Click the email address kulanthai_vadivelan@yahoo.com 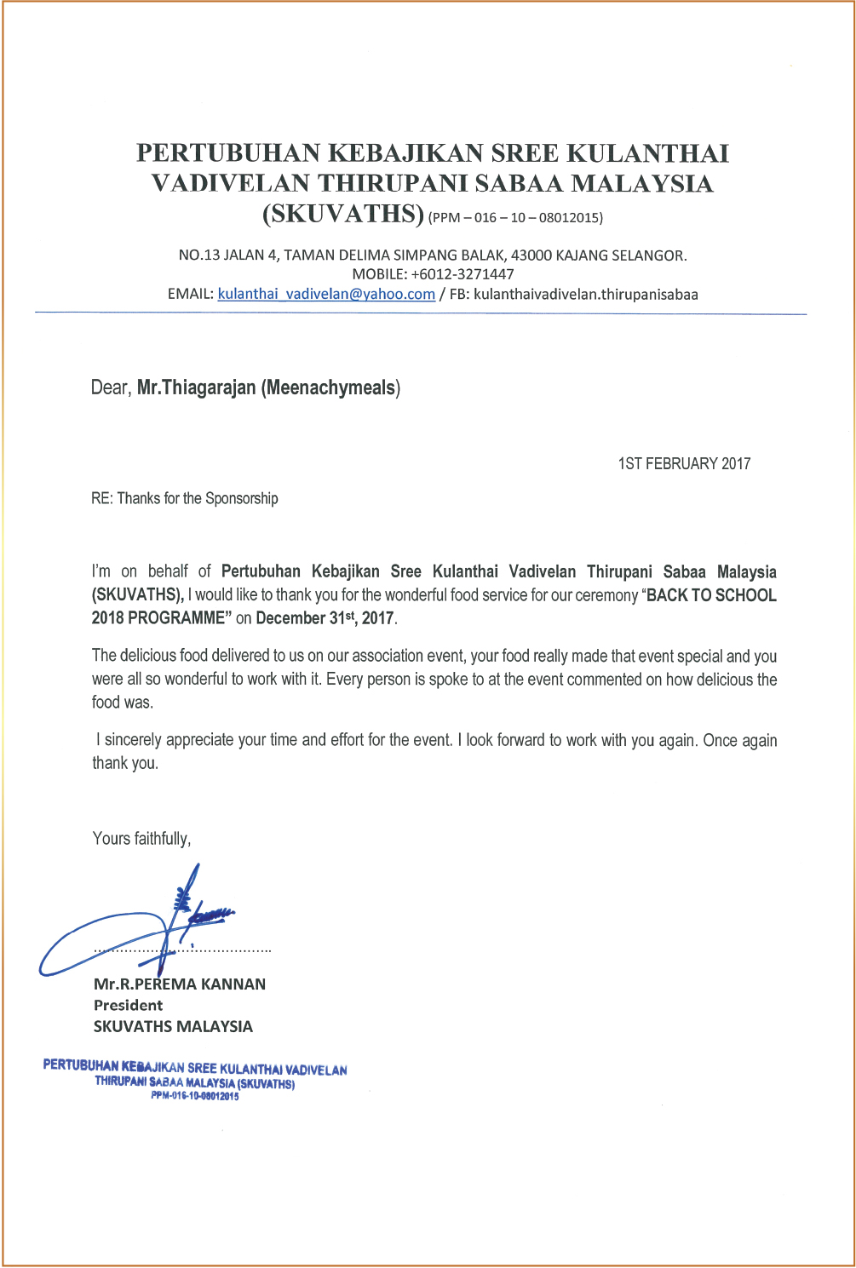326,295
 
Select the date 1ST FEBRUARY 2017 684,464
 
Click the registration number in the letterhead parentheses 516,217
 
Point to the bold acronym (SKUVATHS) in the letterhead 342,213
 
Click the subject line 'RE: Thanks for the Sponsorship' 185,499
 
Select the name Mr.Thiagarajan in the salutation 197,388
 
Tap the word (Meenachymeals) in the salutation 330,388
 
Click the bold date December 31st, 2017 325,618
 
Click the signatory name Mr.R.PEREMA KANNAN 180,984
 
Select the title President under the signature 128,1006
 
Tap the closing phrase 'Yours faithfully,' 141,839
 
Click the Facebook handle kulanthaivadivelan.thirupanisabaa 585,295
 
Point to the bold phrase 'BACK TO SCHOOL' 712,595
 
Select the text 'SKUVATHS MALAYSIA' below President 173,1027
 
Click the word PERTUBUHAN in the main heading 228,153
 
